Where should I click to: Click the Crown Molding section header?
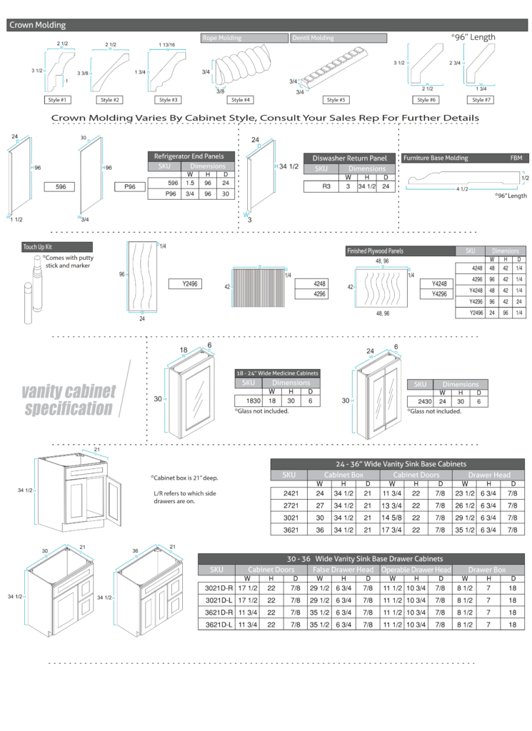click(x=37, y=25)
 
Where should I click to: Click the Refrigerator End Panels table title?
click(x=190, y=156)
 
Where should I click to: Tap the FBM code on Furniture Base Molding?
click(x=516, y=158)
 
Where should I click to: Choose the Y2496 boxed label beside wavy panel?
click(x=189, y=284)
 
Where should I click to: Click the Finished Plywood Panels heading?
click(x=375, y=251)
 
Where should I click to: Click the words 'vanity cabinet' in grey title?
click(x=69, y=391)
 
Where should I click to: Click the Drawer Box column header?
click(x=489, y=570)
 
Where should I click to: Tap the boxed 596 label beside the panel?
click(x=61, y=187)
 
